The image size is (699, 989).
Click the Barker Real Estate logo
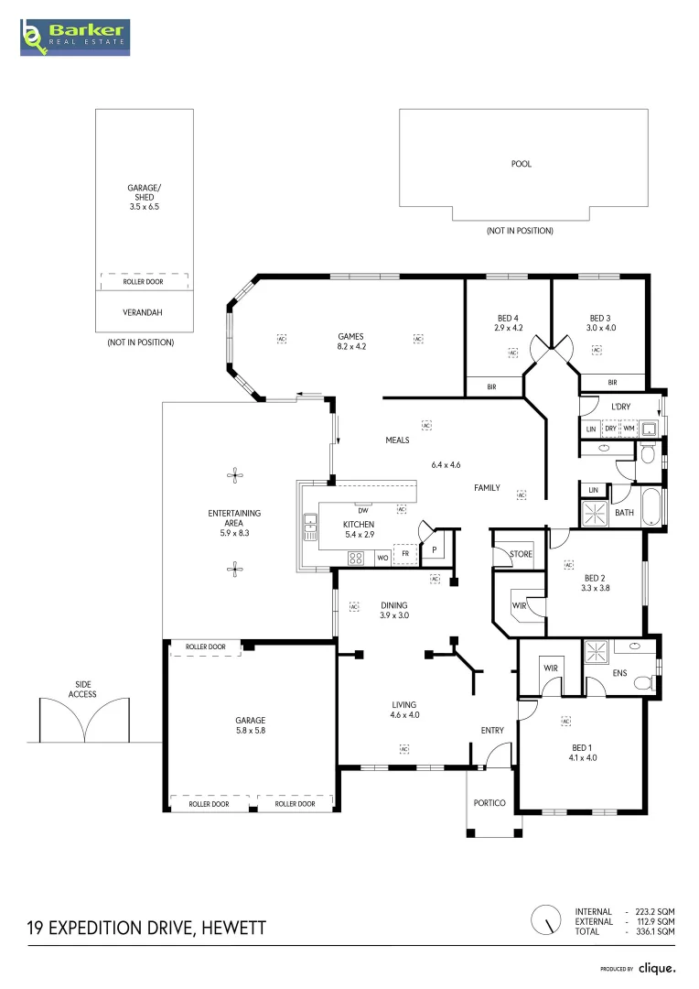click(x=75, y=38)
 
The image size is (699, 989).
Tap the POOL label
click(x=522, y=164)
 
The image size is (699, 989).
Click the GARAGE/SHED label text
click(x=145, y=192)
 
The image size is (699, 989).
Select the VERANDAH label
click(x=143, y=312)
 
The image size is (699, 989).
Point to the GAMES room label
click(x=350, y=336)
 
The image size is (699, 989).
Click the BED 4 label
click(x=508, y=319)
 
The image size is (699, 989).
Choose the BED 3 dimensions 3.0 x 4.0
click(x=601, y=328)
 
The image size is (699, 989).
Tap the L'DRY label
click(x=620, y=407)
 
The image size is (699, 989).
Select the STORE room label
click(x=521, y=554)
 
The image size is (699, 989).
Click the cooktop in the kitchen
click(x=356, y=558)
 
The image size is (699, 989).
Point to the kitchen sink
click(x=310, y=527)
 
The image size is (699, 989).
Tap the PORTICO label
click(x=489, y=803)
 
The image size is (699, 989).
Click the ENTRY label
click(x=492, y=731)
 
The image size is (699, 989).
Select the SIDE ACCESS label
click(x=82, y=690)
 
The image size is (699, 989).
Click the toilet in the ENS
click(x=644, y=683)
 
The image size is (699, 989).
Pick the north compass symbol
click(x=546, y=920)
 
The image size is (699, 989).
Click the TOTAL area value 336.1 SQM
click(x=655, y=931)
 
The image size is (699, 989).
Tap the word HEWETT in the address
click(x=234, y=929)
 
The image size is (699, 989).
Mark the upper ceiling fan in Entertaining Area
click(x=235, y=475)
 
